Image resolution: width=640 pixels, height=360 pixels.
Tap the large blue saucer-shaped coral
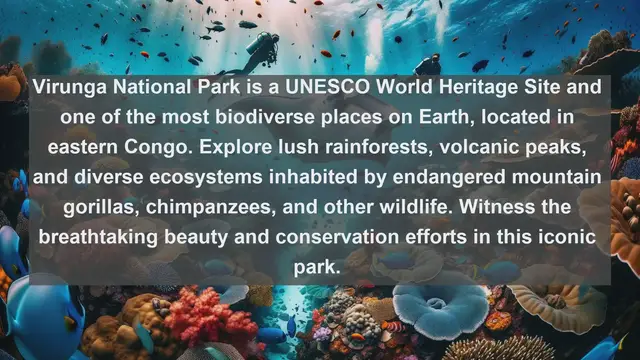pyautogui.click(x=441, y=306)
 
